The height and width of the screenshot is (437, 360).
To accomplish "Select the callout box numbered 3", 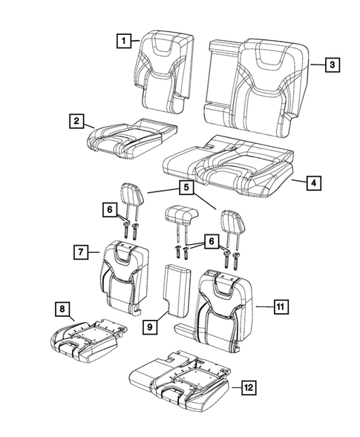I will point(334,65).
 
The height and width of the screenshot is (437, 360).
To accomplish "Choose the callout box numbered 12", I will point(246,387).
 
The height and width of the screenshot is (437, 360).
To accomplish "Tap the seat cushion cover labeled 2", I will point(132,137).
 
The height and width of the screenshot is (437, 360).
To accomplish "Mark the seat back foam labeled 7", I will point(120,278).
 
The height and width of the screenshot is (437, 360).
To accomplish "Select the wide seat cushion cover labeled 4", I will point(229,169).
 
